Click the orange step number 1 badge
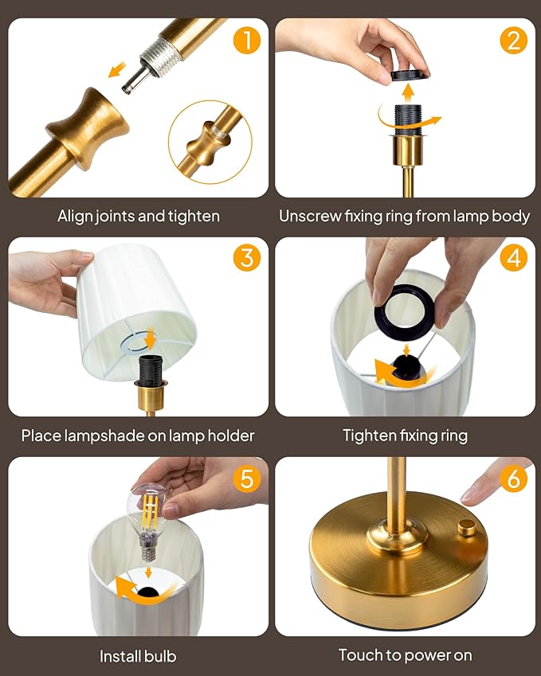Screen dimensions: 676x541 coord(248,40)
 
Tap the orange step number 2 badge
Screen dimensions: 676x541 coord(514,40)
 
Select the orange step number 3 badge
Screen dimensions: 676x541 coord(248,258)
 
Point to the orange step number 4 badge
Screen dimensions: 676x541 coord(514,258)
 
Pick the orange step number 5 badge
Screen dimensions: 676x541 coord(248,479)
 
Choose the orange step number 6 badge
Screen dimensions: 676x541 coord(514,479)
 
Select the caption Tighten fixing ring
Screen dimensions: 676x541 coord(405,436)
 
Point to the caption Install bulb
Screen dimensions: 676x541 coord(138,656)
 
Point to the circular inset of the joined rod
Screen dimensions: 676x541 coord(210,142)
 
